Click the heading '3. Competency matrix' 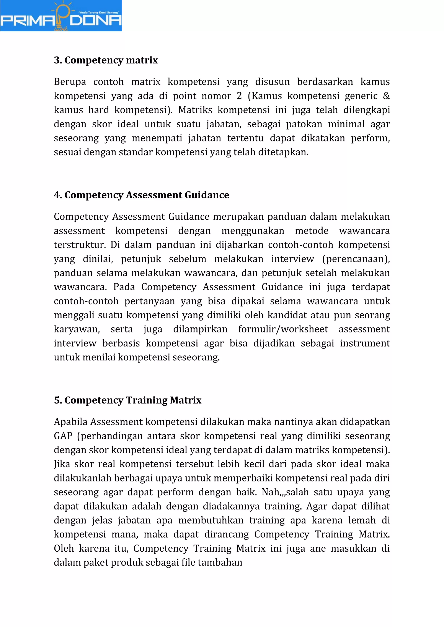(x=106, y=60)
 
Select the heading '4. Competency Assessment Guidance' (x=141, y=195)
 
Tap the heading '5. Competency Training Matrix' (x=127, y=400)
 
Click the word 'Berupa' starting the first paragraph (x=70, y=82)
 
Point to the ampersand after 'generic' (x=386, y=96)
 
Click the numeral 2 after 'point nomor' (x=239, y=96)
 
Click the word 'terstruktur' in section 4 (x=79, y=245)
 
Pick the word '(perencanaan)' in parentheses (x=356, y=259)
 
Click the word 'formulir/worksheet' (x=283, y=329)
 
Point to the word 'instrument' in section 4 (x=365, y=343)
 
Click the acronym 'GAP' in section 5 (x=63, y=436)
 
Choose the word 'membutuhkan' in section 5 (x=211, y=520)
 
